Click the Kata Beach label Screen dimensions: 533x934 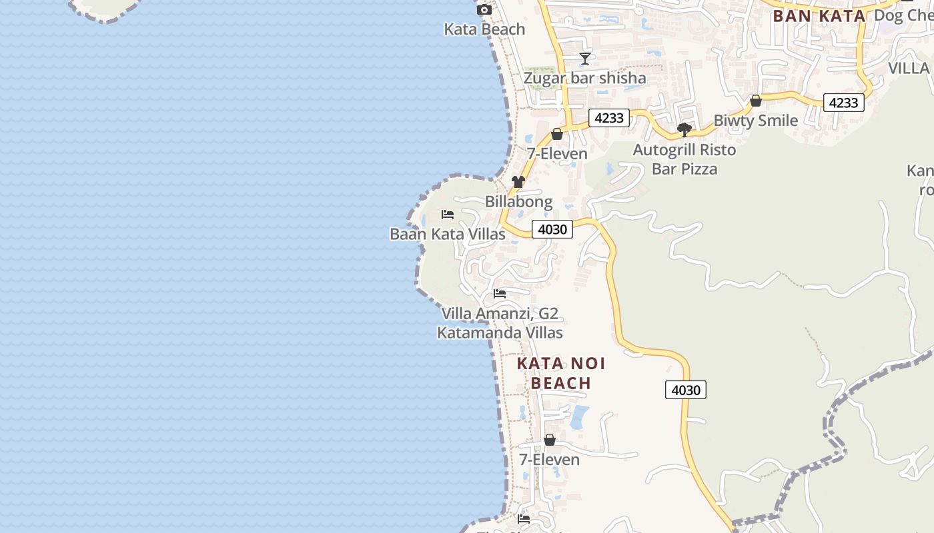pos(484,29)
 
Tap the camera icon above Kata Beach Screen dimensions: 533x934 pos(484,9)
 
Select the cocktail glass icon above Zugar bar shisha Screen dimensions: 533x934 pos(585,59)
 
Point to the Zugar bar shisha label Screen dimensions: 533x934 pos(584,78)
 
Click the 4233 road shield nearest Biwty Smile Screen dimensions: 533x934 pos(843,103)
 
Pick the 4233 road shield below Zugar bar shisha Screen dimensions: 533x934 pos(609,119)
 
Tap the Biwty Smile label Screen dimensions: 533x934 pos(755,121)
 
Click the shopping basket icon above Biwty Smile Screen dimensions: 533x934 pos(756,101)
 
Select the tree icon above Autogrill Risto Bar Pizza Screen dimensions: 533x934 pos(684,130)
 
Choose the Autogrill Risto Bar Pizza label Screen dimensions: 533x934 pos(684,159)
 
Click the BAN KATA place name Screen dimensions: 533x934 pos(819,16)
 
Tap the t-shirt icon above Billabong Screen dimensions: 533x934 pos(518,182)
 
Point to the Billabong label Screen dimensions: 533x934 pos(518,201)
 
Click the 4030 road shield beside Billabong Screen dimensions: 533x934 pos(552,230)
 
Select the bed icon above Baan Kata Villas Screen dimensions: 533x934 pos(448,215)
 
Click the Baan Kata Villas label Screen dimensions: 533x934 pos(448,235)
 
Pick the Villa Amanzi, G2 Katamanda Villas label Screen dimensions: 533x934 pos(500,323)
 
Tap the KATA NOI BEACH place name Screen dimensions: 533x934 pos(561,373)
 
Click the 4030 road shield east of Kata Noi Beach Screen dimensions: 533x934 pos(685,390)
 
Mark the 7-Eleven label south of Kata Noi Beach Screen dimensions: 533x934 pos(549,460)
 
